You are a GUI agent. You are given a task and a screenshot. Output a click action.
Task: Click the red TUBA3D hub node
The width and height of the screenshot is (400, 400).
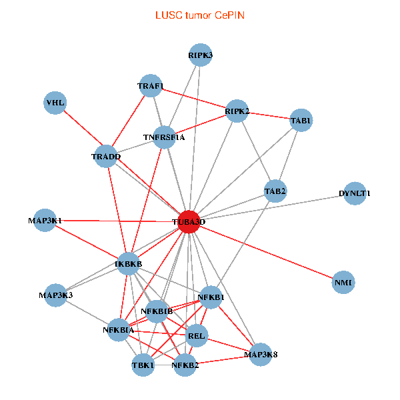pyautogui.click(x=189, y=221)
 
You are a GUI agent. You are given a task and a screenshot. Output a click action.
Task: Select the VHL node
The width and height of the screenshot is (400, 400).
pyautogui.click(x=55, y=103)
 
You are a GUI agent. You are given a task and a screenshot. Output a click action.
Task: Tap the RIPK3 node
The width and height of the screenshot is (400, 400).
pyautogui.click(x=200, y=55)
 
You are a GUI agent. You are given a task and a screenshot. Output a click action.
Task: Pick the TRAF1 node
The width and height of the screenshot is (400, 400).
pyautogui.click(x=151, y=86)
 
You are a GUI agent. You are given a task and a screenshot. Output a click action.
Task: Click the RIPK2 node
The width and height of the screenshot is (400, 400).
pyautogui.click(x=237, y=111)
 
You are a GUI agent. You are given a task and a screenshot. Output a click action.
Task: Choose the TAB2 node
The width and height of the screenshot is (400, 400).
pyautogui.click(x=275, y=191)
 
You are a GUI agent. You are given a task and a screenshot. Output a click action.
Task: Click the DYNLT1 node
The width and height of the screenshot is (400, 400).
pyautogui.click(x=355, y=193)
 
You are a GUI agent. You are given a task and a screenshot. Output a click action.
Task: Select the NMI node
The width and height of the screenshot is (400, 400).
pyautogui.click(x=343, y=283)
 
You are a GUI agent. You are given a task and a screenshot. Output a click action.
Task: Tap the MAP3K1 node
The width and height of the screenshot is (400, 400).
pyautogui.click(x=45, y=220)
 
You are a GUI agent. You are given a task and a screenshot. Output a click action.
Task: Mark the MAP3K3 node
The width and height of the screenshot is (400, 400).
pyautogui.click(x=55, y=295)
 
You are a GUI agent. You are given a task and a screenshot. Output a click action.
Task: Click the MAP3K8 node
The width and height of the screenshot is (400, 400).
pyautogui.click(x=261, y=353)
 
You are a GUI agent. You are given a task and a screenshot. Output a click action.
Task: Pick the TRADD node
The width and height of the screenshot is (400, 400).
pyautogui.click(x=106, y=157)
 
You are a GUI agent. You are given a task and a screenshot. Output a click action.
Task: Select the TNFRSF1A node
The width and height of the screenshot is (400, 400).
pyautogui.click(x=164, y=137)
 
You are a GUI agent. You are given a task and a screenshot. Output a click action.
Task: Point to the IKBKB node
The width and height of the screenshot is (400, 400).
pyautogui.click(x=129, y=264)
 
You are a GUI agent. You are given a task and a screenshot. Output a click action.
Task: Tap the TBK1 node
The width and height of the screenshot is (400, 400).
pyautogui.click(x=143, y=365)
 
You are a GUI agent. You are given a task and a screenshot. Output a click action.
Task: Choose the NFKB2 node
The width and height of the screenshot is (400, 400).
pyautogui.click(x=185, y=365)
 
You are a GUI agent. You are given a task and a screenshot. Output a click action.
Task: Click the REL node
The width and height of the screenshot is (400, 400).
pyautogui.click(x=197, y=336)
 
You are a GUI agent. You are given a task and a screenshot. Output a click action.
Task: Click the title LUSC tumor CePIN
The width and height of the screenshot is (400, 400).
pyautogui.click(x=199, y=15)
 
